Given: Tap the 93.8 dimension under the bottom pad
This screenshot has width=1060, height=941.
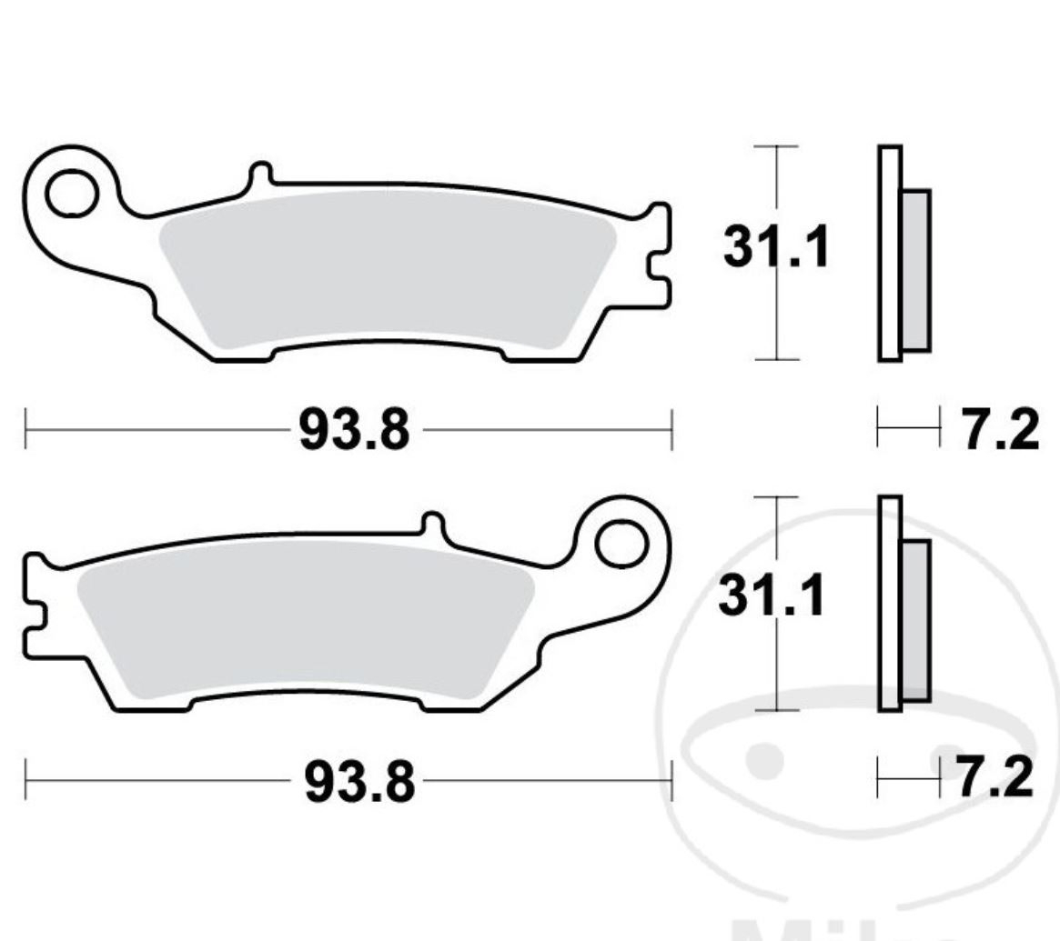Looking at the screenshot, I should [x=358, y=781].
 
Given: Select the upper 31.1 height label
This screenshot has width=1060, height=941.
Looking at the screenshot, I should [x=776, y=247].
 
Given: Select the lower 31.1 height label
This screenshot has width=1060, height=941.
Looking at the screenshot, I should [x=772, y=597].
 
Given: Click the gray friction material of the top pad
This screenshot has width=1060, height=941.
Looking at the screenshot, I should [x=382, y=273].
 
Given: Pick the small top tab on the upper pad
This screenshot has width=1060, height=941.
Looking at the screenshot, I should [x=259, y=175].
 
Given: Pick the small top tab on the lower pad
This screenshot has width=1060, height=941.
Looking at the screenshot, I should [x=433, y=526].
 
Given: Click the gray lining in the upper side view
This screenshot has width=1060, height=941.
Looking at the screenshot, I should [x=916, y=270].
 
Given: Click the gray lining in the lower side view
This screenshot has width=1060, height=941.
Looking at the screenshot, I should [x=916, y=620].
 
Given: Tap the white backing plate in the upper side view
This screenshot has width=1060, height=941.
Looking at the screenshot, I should [x=890, y=253].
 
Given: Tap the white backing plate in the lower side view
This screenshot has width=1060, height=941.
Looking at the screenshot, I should [x=890, y=604].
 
